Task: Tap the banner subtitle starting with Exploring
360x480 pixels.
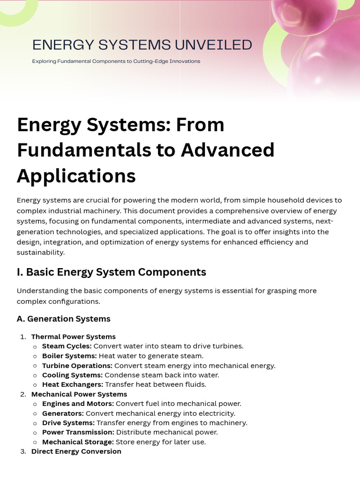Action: [116, 61]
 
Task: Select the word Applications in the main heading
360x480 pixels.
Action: [76, 176]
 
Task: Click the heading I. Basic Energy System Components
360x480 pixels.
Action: [112, 272]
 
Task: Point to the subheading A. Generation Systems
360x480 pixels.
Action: [64, 319]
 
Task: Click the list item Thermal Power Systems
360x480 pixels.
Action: [73, 337]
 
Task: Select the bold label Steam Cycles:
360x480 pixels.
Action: [67, 346]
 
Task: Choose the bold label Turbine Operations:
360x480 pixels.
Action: [77, 366]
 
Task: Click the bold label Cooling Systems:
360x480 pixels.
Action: [72, 375]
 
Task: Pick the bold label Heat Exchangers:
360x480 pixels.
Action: [72, 384]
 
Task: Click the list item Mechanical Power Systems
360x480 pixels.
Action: [79, 394]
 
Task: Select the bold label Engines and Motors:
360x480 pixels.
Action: [78, 404]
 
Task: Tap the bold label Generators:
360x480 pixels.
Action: [63, 413]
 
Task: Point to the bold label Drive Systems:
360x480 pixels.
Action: [68, 423]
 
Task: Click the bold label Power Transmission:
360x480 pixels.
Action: [78, 432]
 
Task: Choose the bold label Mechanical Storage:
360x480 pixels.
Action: [78, 442]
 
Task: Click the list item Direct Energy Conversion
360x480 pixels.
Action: [76, 451]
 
